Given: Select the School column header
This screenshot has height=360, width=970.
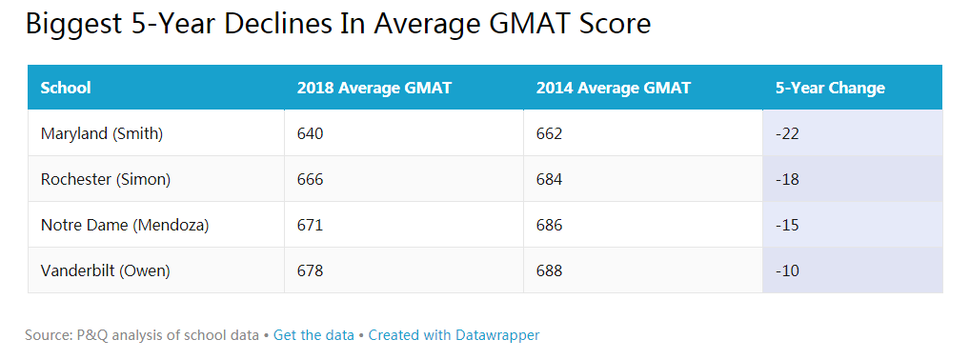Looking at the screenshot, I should pyautogui.click(x=66, y=88).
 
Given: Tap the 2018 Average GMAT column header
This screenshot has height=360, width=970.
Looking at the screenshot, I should pyautogui.click(x=374, y=88).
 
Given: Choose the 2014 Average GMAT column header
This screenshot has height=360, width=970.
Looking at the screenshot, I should pyautogui.click(x=614, y=88).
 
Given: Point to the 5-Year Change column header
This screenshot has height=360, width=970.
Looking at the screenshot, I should pyautogui.click(x=830, y=88).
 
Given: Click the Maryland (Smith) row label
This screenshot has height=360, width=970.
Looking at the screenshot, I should pyautogui.click(x=102, y=133).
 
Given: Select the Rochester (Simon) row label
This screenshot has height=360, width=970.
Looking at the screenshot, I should pyautogui.click(x=106, y=179).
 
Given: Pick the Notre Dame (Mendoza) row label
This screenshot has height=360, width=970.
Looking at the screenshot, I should pyautogui.click(x=125, y=225).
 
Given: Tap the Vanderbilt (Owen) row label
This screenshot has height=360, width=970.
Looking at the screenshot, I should pyautogui.click(x=106, y=270).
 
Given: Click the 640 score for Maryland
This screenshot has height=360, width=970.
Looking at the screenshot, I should pyautogui.click(x=311, y=133).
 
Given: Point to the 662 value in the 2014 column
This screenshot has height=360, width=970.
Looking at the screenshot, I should pyautogui.click(x=550, y=133).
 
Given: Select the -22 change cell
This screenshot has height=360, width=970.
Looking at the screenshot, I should pyautogui.click(x=787, y=133).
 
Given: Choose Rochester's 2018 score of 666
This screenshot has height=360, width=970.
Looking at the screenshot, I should pyautogui.click(x=311, y=179).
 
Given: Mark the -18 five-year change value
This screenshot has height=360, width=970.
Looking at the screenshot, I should pyautogui.click(x=787, y=179).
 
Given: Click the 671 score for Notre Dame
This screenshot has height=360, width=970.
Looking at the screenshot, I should pyautogui.click(x=311, y=225).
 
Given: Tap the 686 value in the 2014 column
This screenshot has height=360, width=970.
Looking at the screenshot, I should pyautogui.click(x=550, y=225).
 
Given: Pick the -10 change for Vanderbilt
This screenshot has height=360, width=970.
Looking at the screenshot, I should pyautogui.click(x=787, y=270).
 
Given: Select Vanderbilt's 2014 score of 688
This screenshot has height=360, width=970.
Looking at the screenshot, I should pyautogui.click(x=550, y=270).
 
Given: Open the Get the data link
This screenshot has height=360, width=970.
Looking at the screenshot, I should pyautogui.click(x=313, y=335).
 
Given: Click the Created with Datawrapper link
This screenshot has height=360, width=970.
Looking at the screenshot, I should pyautogui.click(x=454, y=335).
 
